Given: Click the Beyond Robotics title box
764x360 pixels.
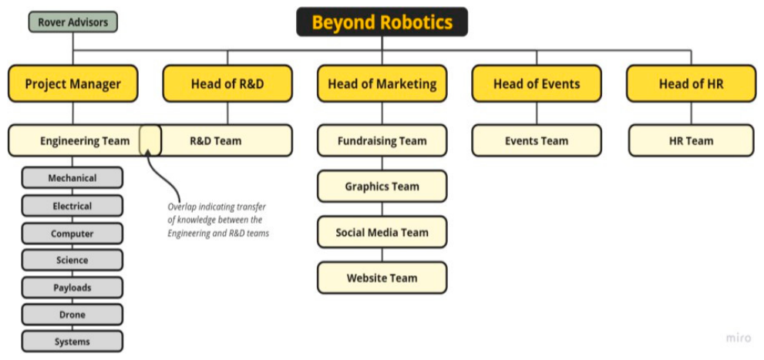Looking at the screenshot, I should point(382,22).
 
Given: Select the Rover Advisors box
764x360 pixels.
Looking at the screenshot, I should point(73,22).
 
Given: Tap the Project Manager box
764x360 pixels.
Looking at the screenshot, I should point(73,84).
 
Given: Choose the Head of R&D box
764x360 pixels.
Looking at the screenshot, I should point(227,84).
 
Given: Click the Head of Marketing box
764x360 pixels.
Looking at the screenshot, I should point(382,84).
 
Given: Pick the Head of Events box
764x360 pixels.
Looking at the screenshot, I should point(537,84).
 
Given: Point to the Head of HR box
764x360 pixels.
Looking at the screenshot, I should point(691,84).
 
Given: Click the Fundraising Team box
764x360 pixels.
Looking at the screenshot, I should point(382,141).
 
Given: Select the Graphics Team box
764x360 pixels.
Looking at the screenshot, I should point(382,187).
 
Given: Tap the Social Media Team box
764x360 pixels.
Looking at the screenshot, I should point(382,232).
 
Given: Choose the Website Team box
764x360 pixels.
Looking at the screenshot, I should point(382,278).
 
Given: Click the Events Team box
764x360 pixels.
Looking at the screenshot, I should point(537,141).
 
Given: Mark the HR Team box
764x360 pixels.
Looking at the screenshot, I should point(691,141).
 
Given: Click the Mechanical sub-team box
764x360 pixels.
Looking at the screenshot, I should point(72,178).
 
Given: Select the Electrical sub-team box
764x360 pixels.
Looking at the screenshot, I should point(72,206).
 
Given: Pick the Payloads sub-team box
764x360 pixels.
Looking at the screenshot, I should point(72,288).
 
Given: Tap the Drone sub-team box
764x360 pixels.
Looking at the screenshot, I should point(72,315).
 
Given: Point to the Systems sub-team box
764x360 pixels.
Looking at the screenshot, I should point(72,341).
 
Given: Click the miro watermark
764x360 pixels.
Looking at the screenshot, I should point(738,338).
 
